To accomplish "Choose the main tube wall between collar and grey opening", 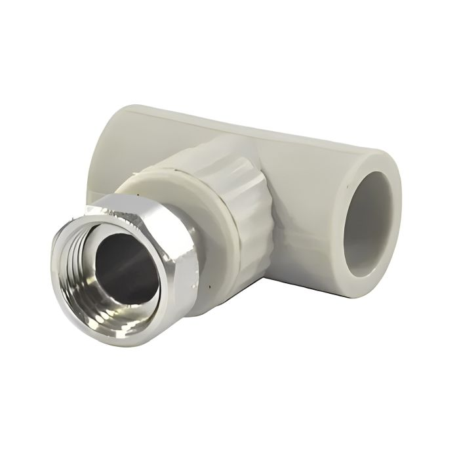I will point(308,197).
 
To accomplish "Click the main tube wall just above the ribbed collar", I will point(216,131).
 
